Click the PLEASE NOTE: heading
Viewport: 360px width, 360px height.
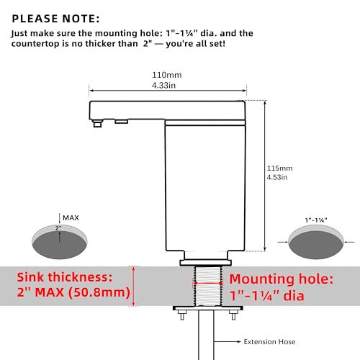point(55,19)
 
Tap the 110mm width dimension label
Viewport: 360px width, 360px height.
point(167,75)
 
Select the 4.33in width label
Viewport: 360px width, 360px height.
point(163,85)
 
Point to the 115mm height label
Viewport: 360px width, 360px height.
point(280,168)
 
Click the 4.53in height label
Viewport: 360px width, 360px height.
point(277,177)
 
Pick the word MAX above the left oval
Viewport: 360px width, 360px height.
point(71,217)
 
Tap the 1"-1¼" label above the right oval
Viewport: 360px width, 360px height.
point(316,220)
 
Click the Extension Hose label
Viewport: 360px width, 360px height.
point(269,341)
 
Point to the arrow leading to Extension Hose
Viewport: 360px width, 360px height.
point(227,341)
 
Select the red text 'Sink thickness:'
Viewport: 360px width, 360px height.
point(65,277)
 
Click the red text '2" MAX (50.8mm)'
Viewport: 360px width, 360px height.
point(73,292)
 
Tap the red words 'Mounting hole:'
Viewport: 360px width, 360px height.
point(282,279)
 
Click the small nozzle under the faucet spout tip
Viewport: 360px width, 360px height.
point(97,123)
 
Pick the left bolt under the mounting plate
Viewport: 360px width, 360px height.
point(182,315)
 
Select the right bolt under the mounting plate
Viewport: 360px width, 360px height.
point(233,315)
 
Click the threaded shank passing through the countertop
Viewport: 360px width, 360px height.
point(208,286)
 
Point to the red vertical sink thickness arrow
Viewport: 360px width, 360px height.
point(134,286)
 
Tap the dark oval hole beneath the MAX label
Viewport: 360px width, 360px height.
point(60,245)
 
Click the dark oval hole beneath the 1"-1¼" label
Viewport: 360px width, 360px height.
point(316,245)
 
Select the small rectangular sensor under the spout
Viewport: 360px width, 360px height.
point(121,122)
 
